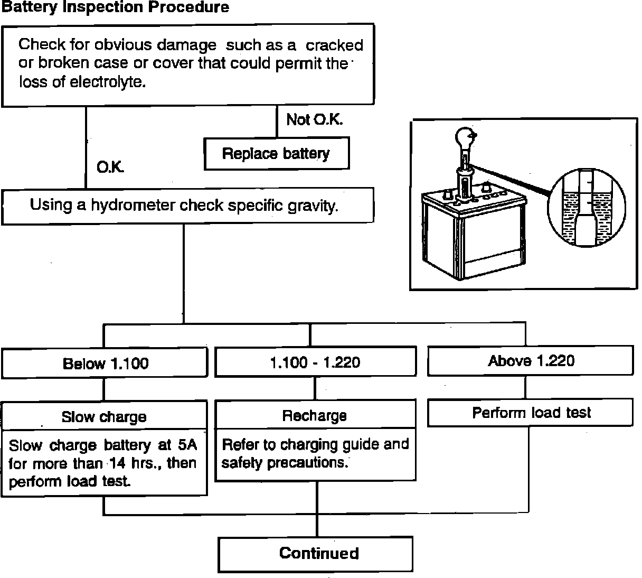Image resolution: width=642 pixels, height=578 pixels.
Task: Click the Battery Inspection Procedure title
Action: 116,7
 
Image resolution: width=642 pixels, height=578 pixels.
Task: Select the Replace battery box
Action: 276,154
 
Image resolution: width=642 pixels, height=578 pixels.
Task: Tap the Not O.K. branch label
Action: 314,120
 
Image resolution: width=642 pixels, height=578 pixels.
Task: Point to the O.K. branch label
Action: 110,167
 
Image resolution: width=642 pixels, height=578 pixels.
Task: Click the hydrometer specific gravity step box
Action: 187,206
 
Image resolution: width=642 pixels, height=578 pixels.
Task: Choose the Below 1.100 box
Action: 105,363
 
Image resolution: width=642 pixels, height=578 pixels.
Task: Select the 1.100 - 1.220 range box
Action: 315,362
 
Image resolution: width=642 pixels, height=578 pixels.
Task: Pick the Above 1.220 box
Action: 531,361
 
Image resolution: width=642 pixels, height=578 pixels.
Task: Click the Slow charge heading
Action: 104,417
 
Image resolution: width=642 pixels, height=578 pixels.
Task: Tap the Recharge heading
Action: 315,416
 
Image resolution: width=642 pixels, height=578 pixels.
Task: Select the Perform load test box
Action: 531,413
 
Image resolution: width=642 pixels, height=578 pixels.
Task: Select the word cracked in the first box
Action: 334,45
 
